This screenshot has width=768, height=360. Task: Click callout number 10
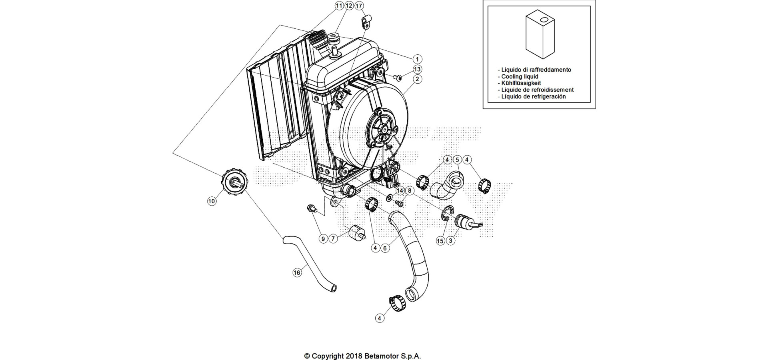click(212, 201)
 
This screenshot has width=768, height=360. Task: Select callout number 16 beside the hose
click(296, 273)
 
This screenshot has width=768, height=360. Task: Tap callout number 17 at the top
click(359, 6)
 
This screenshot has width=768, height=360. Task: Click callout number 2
click(417, 79)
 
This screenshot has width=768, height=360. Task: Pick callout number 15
click(440, 241)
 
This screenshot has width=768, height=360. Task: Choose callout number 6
click(385, 248)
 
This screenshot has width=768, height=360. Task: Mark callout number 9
click(323, 239)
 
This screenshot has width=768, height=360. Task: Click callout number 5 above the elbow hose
click(457, 160)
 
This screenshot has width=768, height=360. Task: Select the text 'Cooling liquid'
click(520, 76)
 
